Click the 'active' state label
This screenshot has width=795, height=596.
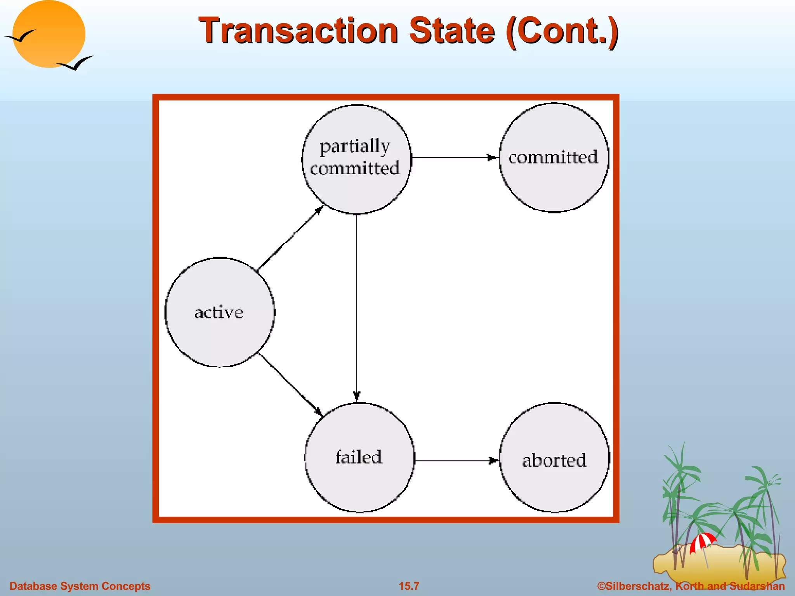coord(219,312)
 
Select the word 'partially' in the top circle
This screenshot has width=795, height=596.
coord(354,147)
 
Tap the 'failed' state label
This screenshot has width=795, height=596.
coord(359,457)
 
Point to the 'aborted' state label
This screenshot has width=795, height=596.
coord(554,461)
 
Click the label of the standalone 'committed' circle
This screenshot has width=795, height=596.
coord(553,157)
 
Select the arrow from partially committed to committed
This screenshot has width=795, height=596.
coord(454,158)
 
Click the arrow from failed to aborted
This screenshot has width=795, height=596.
coord(456,461)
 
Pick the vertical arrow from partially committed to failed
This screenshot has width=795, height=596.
coord(357,307)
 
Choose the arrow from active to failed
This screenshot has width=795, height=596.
coord(290,384)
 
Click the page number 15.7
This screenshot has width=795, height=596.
coord(409,586)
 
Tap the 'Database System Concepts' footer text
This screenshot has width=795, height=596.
coord(80,586)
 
